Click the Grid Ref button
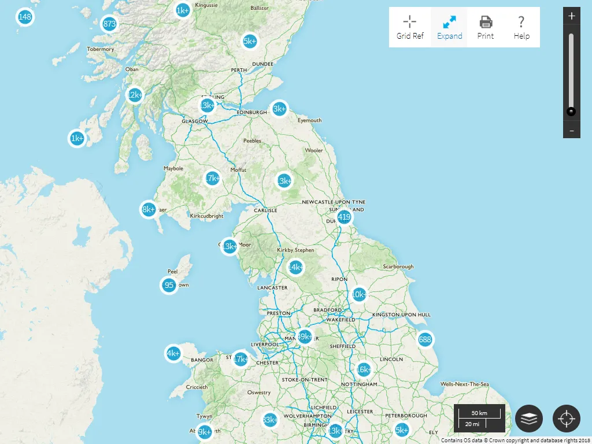pyautogui.click(x=410, y=27)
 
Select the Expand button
pyautogui.click(x=449, y=27)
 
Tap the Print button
pyautogui.click(x=486, y=27)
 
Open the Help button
pyautogui.click(x=521, y=27)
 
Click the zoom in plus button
pyautogui.click(x=571, y=16)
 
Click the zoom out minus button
pyautogui.click(x=571, y=131)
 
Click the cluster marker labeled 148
pyautogui.click(x=25, y=17)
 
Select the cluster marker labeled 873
pyautogui.click(x=109, y=24)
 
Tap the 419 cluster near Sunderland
pyautogui.click(x=344, y=217)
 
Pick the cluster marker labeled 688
pyautogui.click(x=425, y=339)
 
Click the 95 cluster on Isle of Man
pyautogui.click(x=169, y=285)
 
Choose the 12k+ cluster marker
pyautogui.click(x=135, y=95)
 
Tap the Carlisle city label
pyautogui.click(x=266, y=210)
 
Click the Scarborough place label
pyautogui.click(x=398, y=267)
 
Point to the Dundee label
pyautogui.click(x=262, y=64)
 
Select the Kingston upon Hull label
pyautogui.click(x=401, y=314)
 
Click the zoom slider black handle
pyautogui.click(x=571, y=112)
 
